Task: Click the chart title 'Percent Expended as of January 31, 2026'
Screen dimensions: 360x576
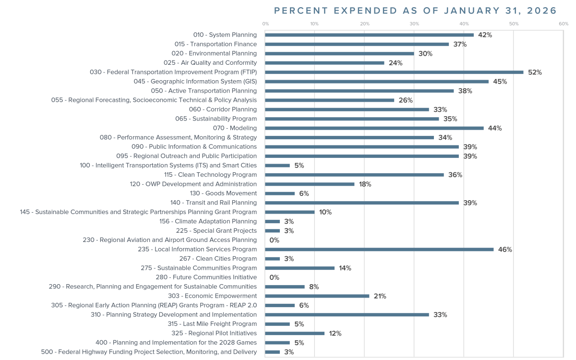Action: (x=415, y=11)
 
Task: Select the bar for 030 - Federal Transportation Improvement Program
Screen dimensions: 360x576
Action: (x=394, y=72)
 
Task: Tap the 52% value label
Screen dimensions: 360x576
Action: (x=535, y=72)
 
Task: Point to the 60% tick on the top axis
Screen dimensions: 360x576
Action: (x=564, y=24)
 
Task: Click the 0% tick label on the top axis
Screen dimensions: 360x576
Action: (x=265, y=24)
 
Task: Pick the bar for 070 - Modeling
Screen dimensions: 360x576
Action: (x=374, y=128)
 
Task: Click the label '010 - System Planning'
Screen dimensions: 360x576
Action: (x=225, y=35)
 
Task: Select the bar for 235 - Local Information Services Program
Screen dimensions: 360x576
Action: (x=379, y=249)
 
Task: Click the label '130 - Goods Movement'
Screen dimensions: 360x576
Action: (x=223, y=193)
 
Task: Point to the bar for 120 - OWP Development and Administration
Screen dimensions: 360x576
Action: (x=310, y=184)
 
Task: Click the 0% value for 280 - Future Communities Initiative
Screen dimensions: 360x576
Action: (x=274, y=277)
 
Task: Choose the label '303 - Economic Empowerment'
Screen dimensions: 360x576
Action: (x=212, y=296)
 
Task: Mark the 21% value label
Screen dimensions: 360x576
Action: (x=380, y=296)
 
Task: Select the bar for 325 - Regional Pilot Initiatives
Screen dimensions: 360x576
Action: (x=295, y=333)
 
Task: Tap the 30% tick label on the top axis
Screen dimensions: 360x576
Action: (x=414, y=24)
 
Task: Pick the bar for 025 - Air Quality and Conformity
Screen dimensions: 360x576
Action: (x=324, y=63)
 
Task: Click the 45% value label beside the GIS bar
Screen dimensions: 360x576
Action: (x=500, y=82)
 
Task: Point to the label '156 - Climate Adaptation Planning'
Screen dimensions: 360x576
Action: (x=208, y=221)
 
